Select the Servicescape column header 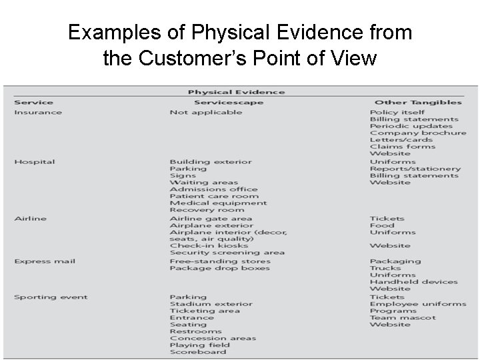(228, 103)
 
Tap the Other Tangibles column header (418, 103)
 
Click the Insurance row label (38, 112)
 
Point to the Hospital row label (35, 162)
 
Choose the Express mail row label (45, 261)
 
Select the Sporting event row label (51, 297)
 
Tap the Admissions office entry (213, 189)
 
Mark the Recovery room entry (207, 210)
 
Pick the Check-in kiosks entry (209, 246)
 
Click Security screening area (227, 253)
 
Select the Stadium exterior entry (211, 304)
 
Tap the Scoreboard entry (197, 353)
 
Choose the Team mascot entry (403, 318)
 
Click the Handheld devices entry (413, 282)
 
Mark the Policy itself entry (397, 112)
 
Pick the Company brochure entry (418, 133)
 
